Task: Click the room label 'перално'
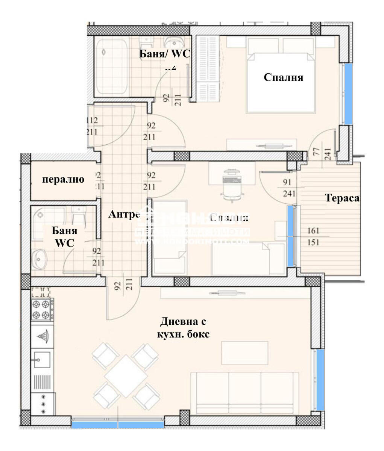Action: (63, 179)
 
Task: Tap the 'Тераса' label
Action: (342, 198)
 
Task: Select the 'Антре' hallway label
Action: (124, 215)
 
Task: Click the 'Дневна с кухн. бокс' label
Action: (183, 328)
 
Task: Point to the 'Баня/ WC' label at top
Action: (165, 54)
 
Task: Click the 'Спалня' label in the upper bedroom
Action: (283, 77)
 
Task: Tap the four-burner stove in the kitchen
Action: (41, 309)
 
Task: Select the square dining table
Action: (126, 376)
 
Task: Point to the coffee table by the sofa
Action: (244, 353)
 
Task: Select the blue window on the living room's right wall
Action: (320, 380)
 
